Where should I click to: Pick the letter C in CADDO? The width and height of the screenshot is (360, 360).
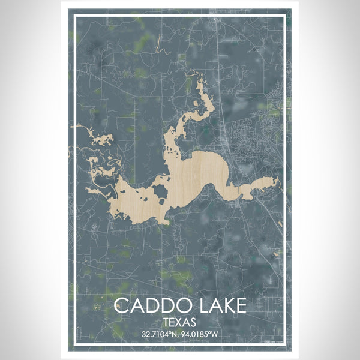122,306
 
